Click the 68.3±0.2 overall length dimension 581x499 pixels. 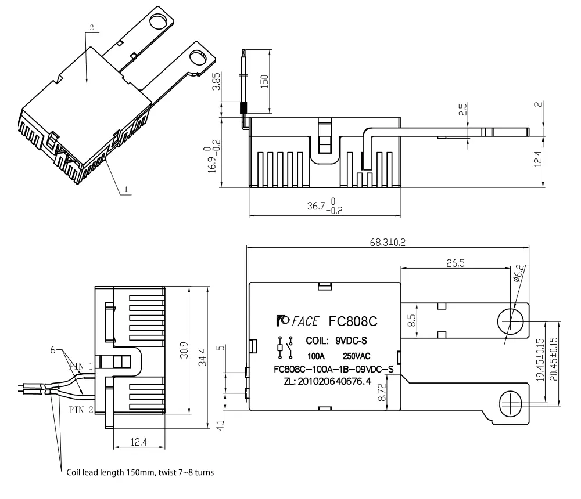(388, 242)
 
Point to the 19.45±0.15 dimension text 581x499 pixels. (540, 360)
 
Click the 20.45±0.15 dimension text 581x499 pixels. (553, 360)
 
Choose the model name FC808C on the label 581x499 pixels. (354, 321)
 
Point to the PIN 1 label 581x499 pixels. (81, 366)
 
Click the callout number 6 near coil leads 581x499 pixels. (53, 350)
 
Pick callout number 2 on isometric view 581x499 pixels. (91, 27)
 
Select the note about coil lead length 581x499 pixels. (139, 472)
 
